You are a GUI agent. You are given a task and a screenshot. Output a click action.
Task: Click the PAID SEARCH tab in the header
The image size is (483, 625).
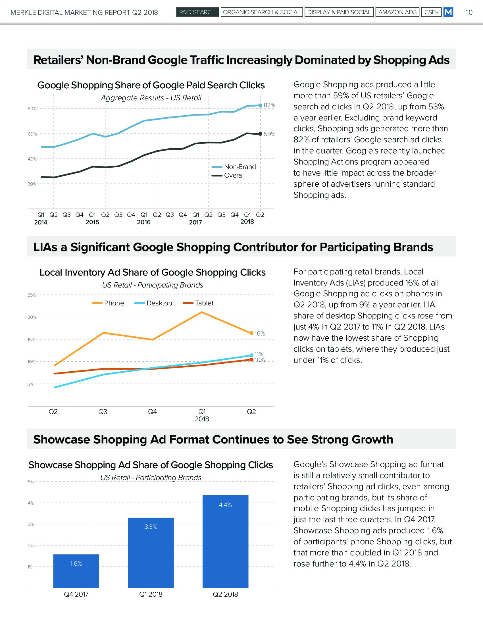tap(197, 12)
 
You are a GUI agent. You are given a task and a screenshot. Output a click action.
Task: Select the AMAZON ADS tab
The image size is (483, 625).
tap(397, 12)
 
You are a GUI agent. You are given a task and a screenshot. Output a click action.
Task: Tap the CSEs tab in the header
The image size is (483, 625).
tap(431, 12)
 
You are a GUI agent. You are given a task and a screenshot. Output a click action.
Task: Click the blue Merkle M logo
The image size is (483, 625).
tap(448, 12)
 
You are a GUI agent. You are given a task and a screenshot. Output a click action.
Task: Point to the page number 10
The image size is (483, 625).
tap(469, 12)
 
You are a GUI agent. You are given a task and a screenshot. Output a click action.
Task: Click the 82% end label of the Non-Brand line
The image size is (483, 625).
tap(269, 105)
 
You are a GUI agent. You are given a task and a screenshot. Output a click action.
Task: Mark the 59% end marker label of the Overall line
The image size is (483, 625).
tap(270, 134)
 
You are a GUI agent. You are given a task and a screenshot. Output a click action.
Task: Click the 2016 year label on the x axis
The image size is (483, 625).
tap(144, 222)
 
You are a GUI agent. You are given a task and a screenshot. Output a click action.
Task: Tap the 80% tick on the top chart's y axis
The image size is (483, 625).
tap(32, 109)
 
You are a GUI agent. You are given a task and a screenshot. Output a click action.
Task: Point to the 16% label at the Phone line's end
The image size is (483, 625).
tap(260, 334)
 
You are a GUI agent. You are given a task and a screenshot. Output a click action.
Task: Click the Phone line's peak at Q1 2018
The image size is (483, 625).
tap(202, 312)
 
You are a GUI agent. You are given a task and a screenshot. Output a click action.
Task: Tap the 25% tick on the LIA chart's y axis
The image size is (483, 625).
tap(32, 295)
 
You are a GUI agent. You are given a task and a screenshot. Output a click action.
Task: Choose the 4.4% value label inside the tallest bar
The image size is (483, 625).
tap(226, 505)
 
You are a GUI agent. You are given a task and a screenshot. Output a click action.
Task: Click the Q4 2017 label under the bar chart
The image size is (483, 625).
tap(76, 595)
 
